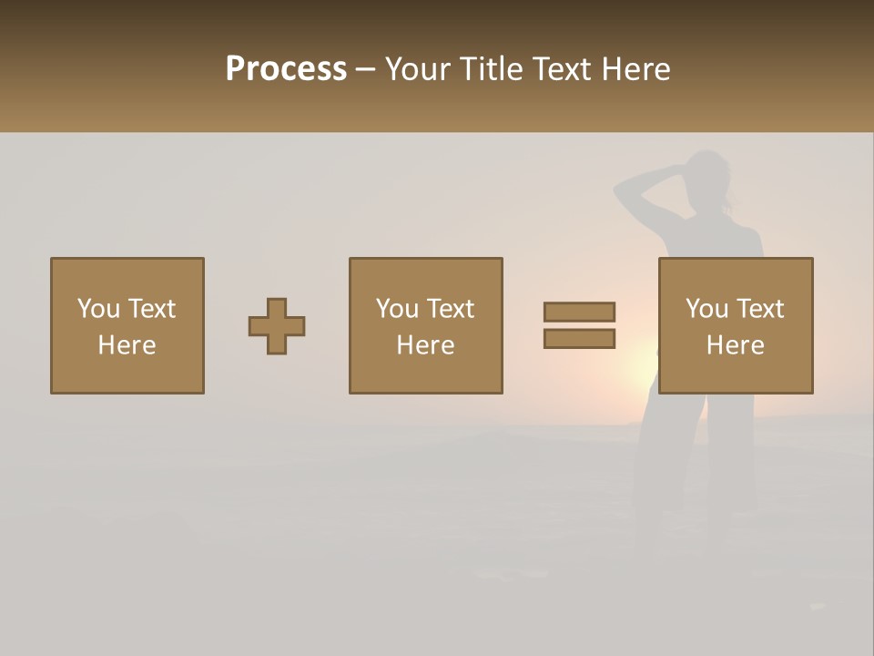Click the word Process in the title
click(x=286, y=69)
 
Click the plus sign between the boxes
click(x=277, y=326)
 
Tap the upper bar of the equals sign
click(x=579, y=312)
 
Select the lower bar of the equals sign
click(x=579, y=339)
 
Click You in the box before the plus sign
click(x=98, y=309)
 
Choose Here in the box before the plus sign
click(x=127, y=345)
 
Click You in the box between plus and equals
click(x=397, y=309)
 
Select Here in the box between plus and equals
click(x=425, y=345)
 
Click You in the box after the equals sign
click(x=706, y=309)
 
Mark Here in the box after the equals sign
click(x=735, y=345)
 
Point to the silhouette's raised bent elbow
click(x=619, y=192)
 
